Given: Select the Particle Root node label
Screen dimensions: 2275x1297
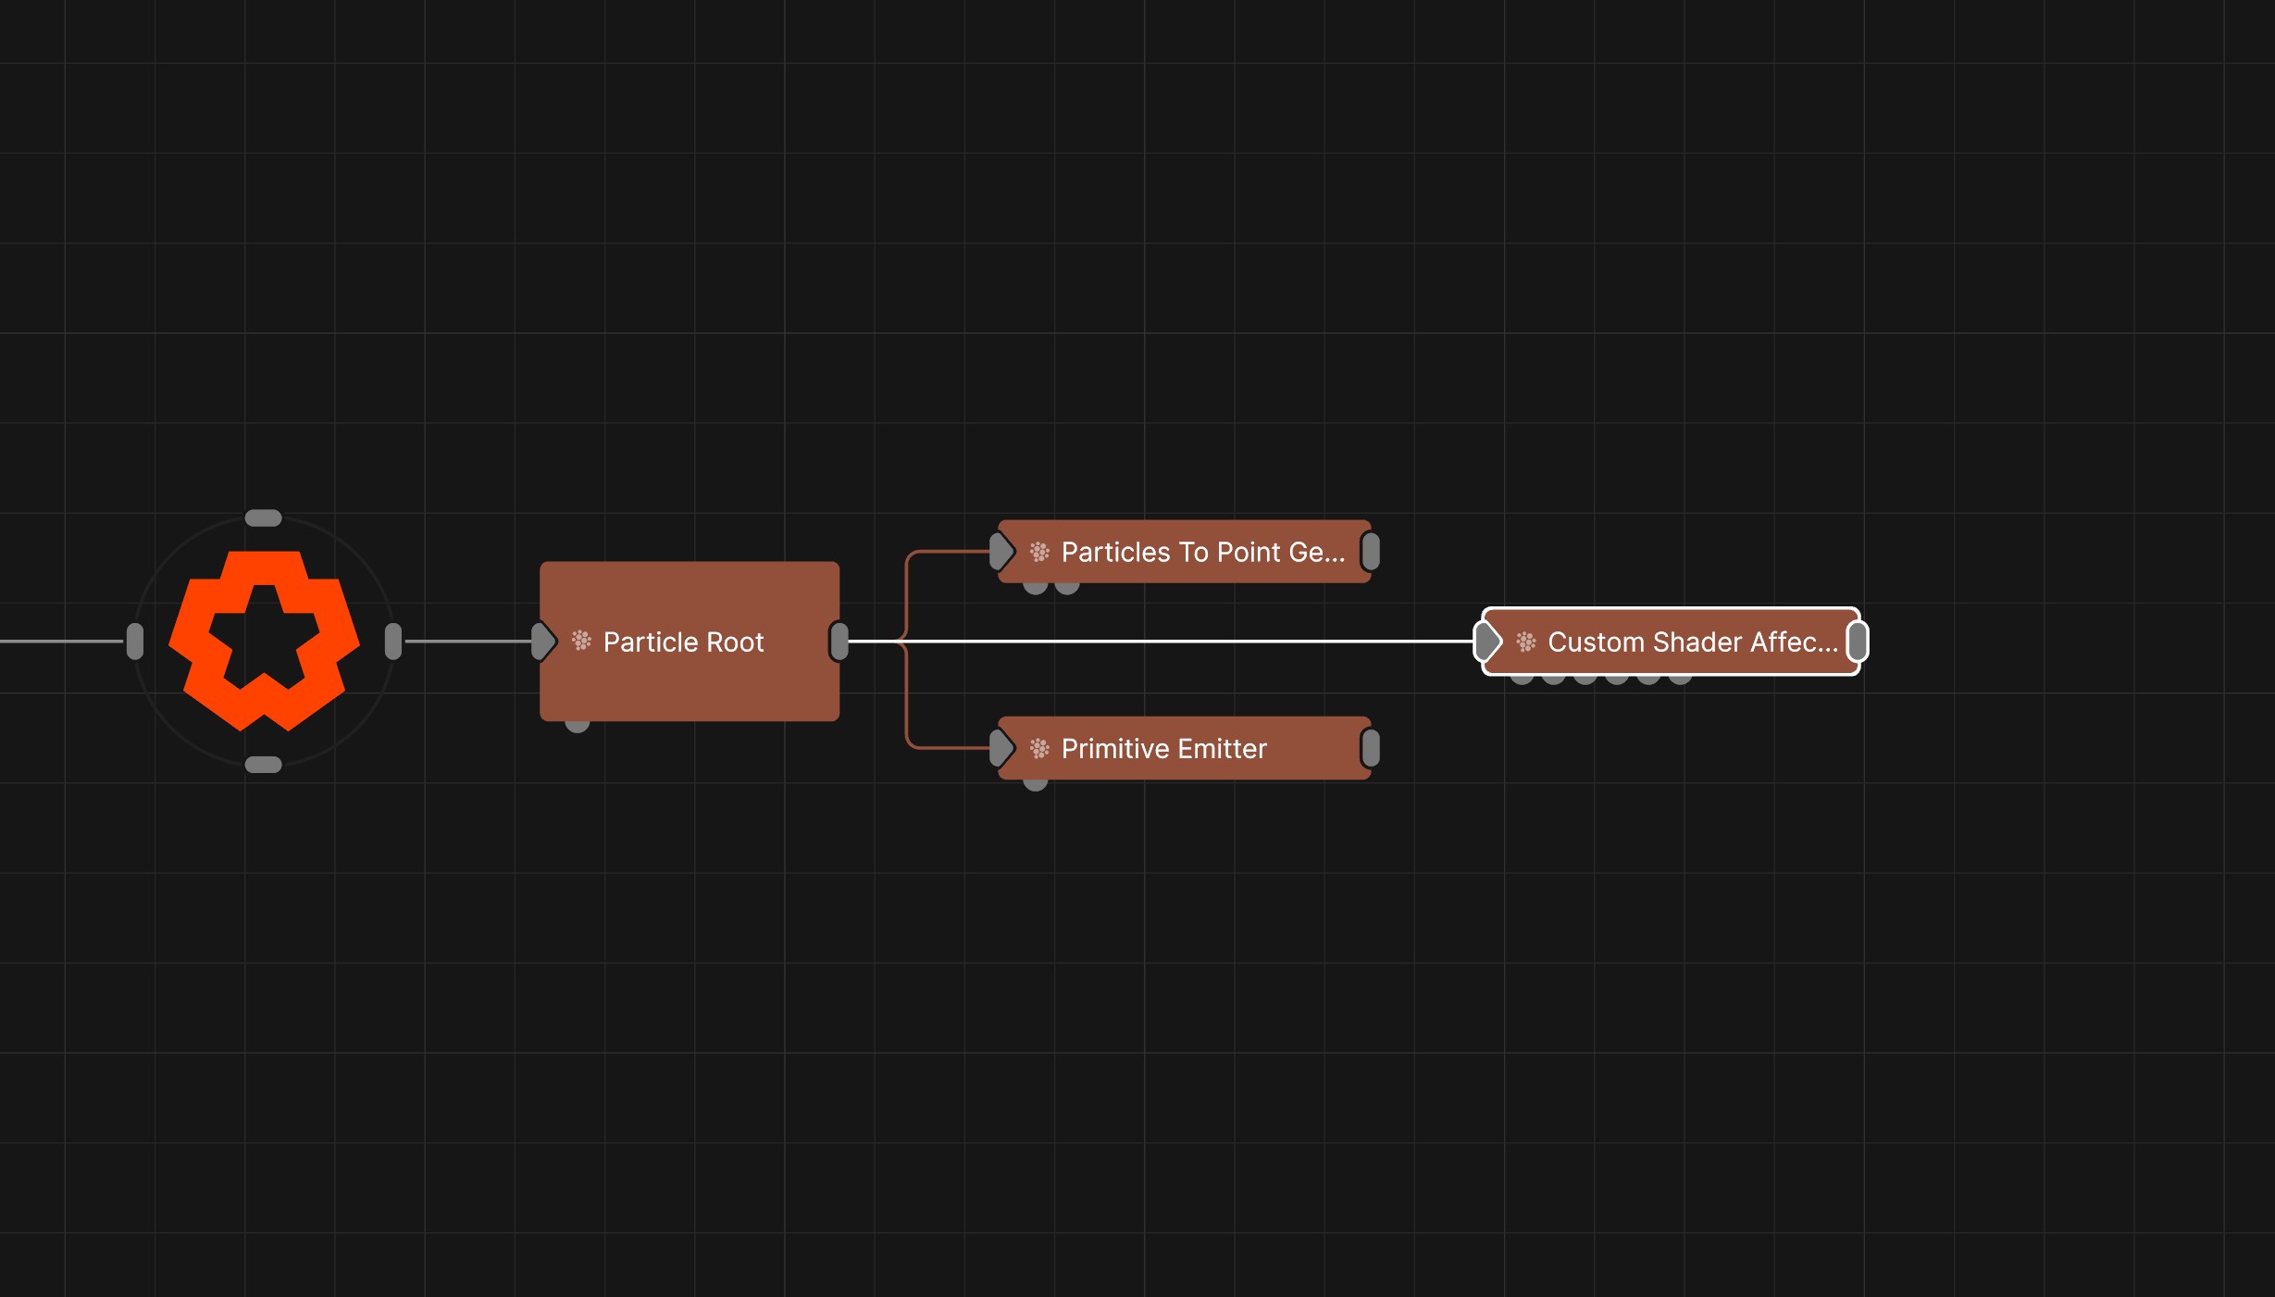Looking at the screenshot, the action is tap(683, 642).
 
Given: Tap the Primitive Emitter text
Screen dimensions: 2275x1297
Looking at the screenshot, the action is tap(1163, 748).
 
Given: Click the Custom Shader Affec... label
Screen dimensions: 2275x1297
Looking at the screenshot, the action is tap(1693, 642).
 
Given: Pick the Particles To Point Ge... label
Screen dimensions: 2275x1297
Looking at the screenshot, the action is tap(1202, 552).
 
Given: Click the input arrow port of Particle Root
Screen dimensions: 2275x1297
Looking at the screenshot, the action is tap(544, 642).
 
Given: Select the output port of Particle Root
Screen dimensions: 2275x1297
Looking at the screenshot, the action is tap(839, 642).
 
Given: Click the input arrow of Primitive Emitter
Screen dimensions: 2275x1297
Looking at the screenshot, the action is tap(1001, 748).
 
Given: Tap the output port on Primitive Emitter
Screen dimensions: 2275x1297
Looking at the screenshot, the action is tap(1371, 748).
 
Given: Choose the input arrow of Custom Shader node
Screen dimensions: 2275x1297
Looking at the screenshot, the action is tap(1488, 642).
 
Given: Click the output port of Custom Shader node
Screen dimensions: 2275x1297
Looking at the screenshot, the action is tap(1858, 642).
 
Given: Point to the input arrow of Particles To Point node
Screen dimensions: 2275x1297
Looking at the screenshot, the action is tap(1001, 552).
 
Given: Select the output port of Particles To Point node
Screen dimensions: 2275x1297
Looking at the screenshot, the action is tap(1371, 552).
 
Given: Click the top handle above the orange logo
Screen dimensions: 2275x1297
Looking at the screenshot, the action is tap(263, 518).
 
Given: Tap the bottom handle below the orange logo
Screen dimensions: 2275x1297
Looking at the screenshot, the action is tap(263, 765).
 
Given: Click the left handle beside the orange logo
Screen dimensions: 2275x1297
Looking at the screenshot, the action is tap(135, 642).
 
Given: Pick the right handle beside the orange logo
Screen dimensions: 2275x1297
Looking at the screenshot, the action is tap(393, 642).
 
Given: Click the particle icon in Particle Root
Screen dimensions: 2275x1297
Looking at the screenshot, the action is tap(581, 641).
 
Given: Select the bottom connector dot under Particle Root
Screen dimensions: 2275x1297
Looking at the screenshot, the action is tap(578, 725).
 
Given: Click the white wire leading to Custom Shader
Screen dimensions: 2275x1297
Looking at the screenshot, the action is tap(1161, 641).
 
